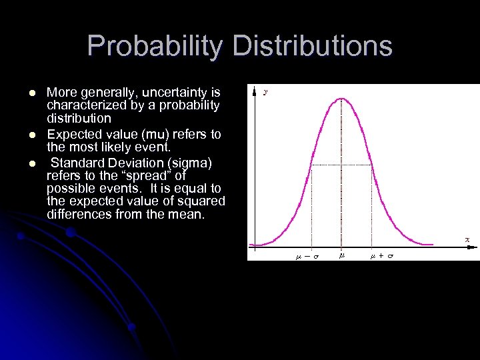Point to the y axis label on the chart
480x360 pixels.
coord(266,93)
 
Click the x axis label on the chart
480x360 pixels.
coord(467,239)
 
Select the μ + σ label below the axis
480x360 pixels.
coord(382,255)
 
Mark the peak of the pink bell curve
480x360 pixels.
coord(342,99)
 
